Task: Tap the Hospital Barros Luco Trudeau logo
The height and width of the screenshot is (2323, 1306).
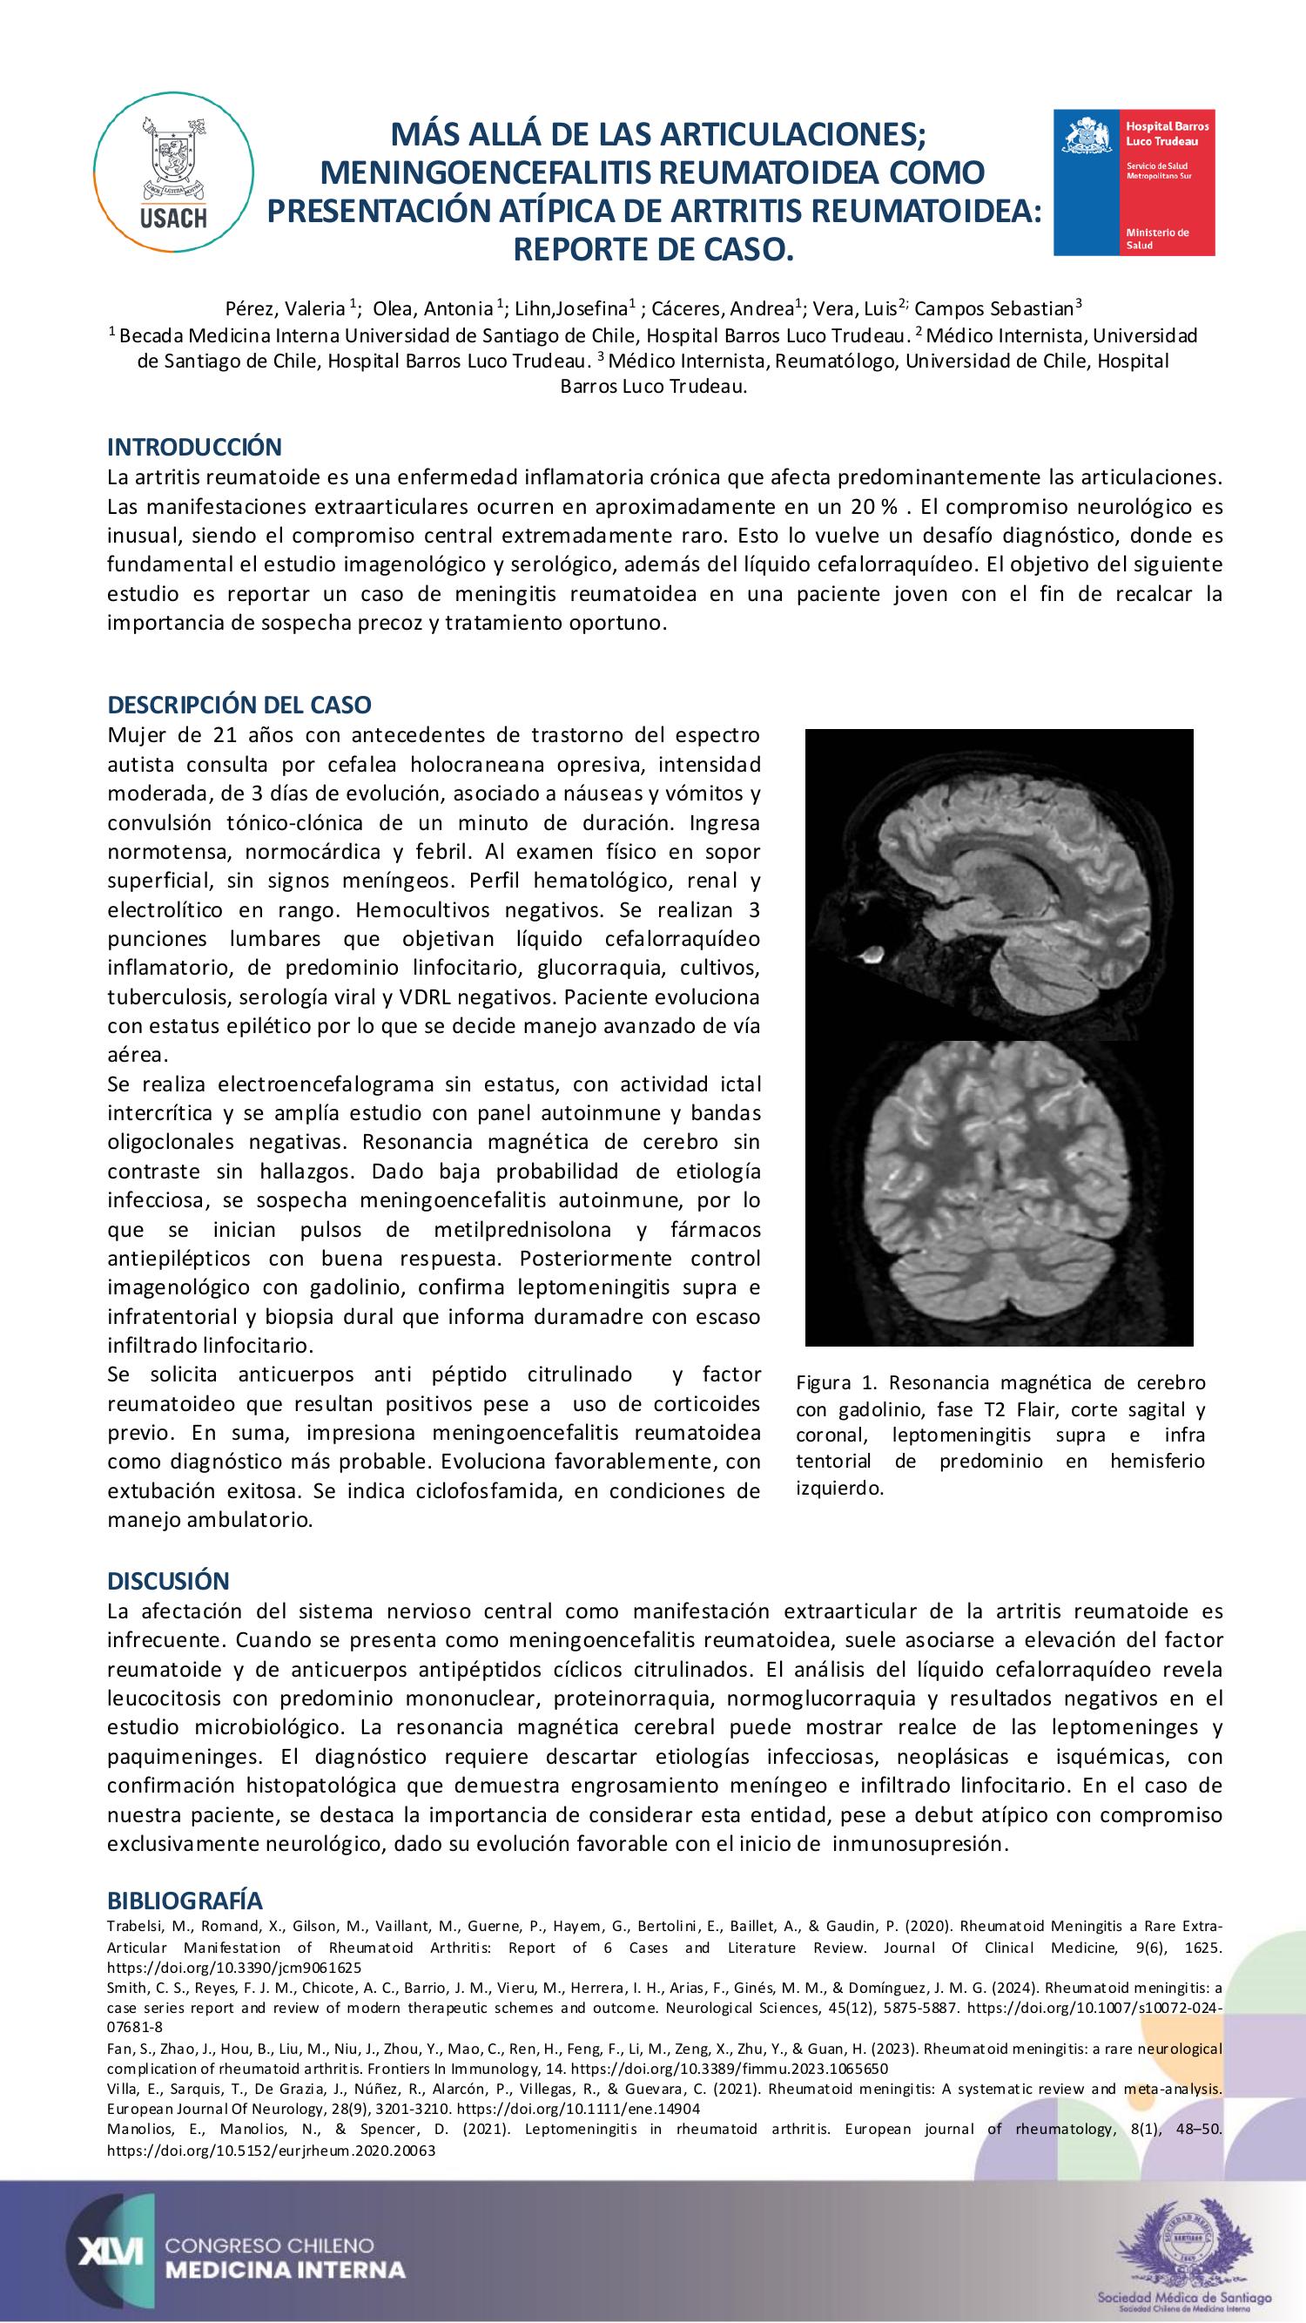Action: tap(1134, 183)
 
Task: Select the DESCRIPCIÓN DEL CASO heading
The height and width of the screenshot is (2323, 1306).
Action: tap(239, 705)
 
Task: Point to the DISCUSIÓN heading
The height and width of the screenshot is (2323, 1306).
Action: tap(169, 1580)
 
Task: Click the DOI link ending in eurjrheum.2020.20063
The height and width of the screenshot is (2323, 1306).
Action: tap(272, 2150)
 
